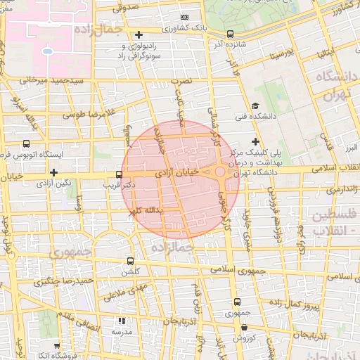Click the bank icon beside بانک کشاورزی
pos(184,17)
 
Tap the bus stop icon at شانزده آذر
pos(230,34)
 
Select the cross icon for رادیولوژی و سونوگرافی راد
pos(139,34)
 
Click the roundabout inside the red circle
pos(220,172)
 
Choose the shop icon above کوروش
pos(243,327)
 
